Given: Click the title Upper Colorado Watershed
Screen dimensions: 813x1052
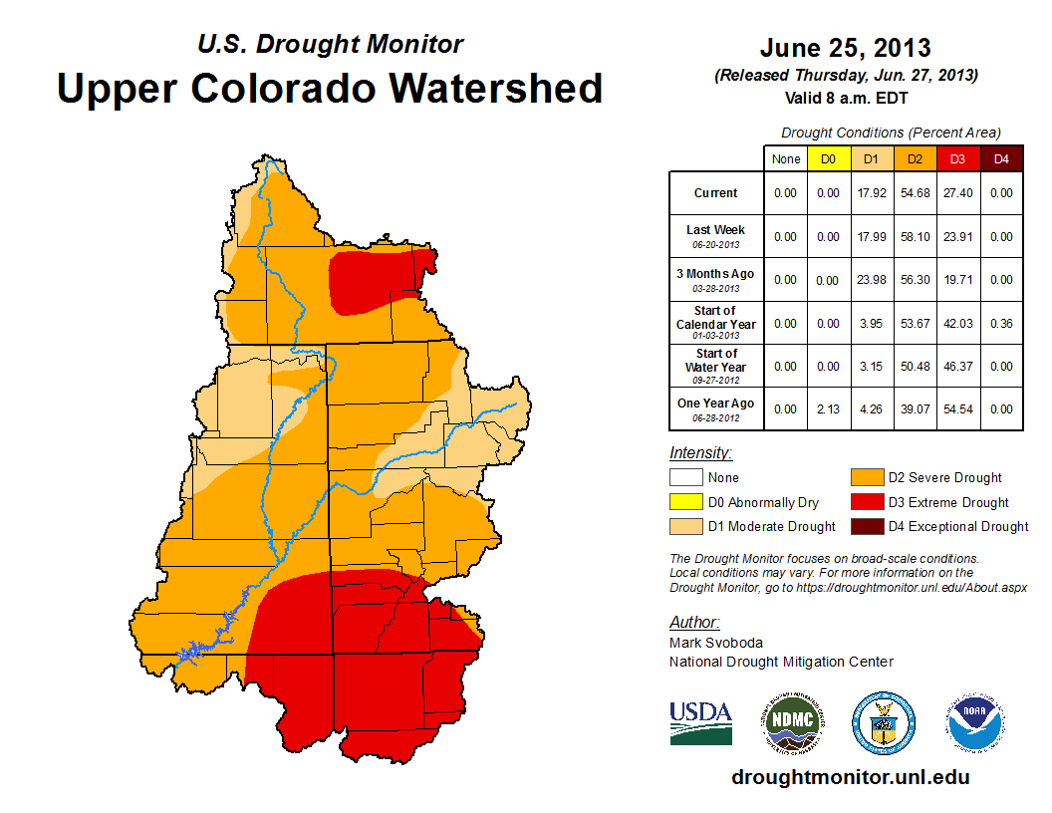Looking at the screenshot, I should pos(330,88).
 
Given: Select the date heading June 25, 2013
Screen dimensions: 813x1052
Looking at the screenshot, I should pos(845,48).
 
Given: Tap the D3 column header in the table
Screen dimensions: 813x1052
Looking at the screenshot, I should pos(957,159).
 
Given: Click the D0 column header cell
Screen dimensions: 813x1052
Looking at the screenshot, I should pos(828,159).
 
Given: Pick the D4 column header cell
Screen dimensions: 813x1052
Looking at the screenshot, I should pos(1000,159).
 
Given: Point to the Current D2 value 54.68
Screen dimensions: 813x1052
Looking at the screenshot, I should pos(915,193).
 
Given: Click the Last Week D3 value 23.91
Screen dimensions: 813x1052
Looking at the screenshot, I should pos(957,237).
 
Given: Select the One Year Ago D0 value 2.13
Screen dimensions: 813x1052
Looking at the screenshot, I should pos(828,408).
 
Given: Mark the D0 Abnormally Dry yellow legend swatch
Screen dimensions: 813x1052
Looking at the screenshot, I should pos(684,503).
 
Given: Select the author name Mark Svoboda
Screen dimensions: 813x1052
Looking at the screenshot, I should pos(716,643).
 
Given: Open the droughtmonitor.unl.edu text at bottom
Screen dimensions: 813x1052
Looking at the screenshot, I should pos(850,777).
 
